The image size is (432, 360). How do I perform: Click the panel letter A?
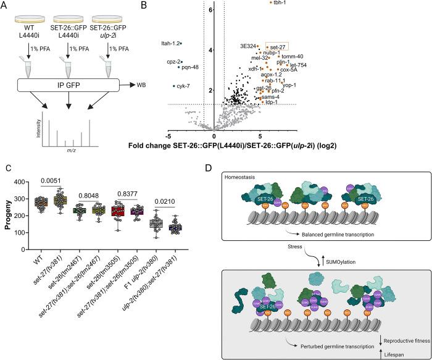[6, 6]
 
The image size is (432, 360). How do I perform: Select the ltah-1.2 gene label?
[168, 43]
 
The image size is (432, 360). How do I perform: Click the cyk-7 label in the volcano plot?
[165, 86]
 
